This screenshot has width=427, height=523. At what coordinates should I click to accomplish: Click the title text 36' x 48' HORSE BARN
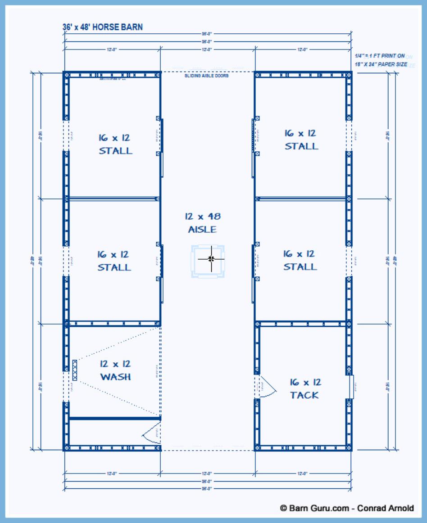point(102,27)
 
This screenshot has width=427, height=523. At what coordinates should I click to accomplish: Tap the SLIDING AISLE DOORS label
point(207,76)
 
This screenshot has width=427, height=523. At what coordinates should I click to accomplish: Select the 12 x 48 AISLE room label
point(202,223)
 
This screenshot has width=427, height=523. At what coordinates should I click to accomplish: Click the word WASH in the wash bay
point(115,377)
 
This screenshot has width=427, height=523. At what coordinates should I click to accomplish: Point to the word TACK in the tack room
point(304,395)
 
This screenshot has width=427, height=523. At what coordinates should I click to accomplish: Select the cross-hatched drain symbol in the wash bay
point(74,370)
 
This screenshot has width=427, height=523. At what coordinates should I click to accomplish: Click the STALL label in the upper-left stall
point(116,150)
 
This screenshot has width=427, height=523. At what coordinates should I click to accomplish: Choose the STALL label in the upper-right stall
point(301,146)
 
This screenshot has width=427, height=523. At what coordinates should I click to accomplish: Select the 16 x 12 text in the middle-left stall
point(113,255)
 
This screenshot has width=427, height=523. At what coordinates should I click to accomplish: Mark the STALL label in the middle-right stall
point(300,267)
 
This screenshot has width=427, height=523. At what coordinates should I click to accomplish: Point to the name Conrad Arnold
point(386,508)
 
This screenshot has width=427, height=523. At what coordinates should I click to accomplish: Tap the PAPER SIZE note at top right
point(381,64)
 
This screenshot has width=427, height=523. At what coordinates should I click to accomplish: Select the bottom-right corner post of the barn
point(349,447)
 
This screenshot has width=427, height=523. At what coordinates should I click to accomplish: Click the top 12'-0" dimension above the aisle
point(207,50)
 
